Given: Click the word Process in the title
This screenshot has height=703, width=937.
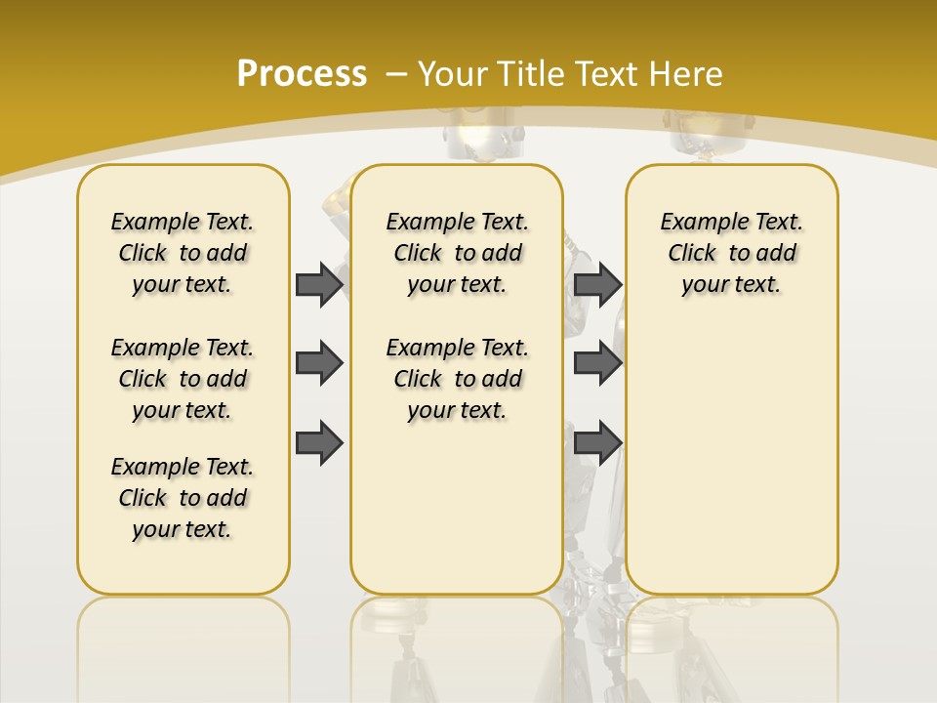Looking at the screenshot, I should tap(302, 74).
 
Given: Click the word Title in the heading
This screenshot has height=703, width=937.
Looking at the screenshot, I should tap(533, 74).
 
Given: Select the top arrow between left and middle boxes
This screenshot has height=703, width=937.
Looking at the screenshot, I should tap(319, 284).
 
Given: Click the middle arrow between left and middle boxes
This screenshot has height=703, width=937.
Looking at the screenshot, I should tap(319, 363).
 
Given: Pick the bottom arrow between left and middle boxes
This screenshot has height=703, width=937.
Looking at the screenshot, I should tap(319, 442).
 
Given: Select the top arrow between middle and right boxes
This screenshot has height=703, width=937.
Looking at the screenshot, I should tap(597, 284).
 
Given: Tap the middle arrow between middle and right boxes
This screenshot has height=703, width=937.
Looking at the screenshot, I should tap(597, 363).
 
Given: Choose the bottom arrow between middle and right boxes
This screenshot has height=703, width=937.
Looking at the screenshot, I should tap(597, 442).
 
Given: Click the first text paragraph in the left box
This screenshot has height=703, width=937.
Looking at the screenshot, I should tap(183, 253).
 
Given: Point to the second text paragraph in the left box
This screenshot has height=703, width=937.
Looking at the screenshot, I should tap(183, 379).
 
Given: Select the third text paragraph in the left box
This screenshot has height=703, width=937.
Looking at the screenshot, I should tap(183, 498).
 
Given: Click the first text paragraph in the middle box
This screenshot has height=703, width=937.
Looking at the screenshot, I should tap(458, 253).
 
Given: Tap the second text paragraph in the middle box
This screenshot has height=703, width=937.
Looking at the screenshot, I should tap(458, 379).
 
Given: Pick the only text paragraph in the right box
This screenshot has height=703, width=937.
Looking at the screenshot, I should tap(732, 253).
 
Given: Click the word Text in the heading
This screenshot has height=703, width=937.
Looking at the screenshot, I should tap(606, 74).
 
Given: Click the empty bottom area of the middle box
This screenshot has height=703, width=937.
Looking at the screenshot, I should tap(458, 517).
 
